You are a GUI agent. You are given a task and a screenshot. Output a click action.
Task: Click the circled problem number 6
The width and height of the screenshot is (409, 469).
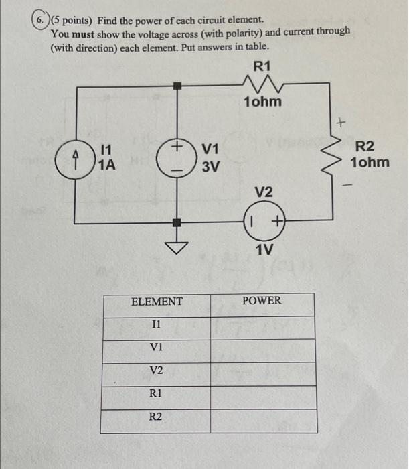tap(42, 21)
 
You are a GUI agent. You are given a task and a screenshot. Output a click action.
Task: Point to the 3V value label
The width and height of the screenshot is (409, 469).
tap(210, 166)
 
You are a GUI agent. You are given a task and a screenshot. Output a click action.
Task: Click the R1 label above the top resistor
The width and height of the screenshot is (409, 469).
tap(262, 66)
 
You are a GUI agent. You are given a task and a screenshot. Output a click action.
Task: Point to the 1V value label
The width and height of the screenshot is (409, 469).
tap(264, 249)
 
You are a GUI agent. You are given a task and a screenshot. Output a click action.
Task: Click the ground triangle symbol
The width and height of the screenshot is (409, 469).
tap(177, 248)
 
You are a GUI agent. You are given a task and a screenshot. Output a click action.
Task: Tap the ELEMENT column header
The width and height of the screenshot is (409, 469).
tap(156, 301)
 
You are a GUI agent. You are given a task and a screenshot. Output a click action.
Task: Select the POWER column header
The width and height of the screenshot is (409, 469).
tap(262, 301)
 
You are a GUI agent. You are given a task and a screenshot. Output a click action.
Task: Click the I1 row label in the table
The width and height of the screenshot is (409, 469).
tap(156, 324)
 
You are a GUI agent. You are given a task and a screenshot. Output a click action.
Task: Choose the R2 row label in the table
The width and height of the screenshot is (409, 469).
tap(156, 417)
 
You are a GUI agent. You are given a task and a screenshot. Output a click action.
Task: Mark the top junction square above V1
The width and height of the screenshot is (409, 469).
tap(177, 86)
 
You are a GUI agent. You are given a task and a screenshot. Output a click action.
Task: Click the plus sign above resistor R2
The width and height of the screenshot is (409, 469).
tap(341, 123)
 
